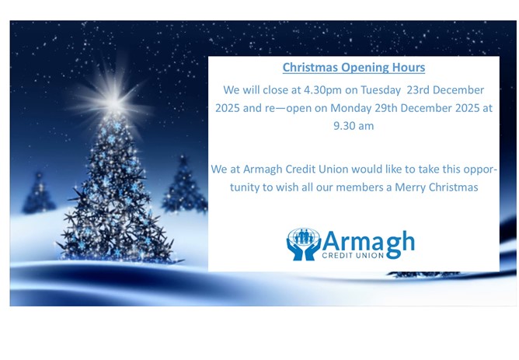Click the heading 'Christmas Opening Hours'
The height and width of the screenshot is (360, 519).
354,68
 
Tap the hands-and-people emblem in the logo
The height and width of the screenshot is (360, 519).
303,243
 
